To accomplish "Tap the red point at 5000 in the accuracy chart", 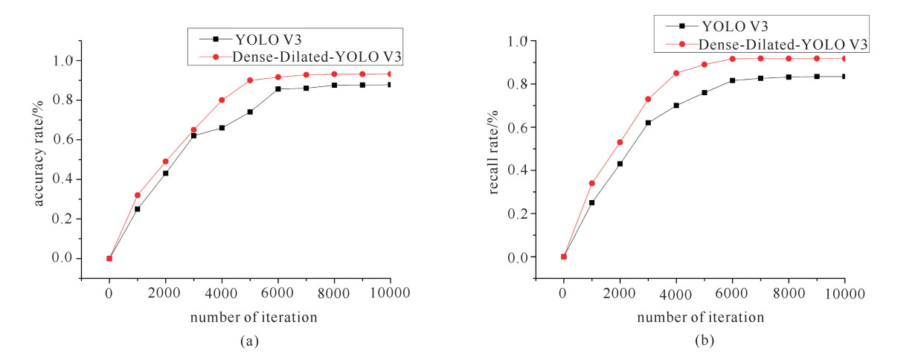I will point(250,80).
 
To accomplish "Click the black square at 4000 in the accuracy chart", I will point(222,128).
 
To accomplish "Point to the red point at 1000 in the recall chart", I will point(591,183).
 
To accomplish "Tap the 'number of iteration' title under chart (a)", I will point(254,317).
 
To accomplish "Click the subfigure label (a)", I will point(249,341).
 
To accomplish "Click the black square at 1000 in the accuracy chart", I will point(138,209).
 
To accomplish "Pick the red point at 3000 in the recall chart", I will point(648,99).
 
